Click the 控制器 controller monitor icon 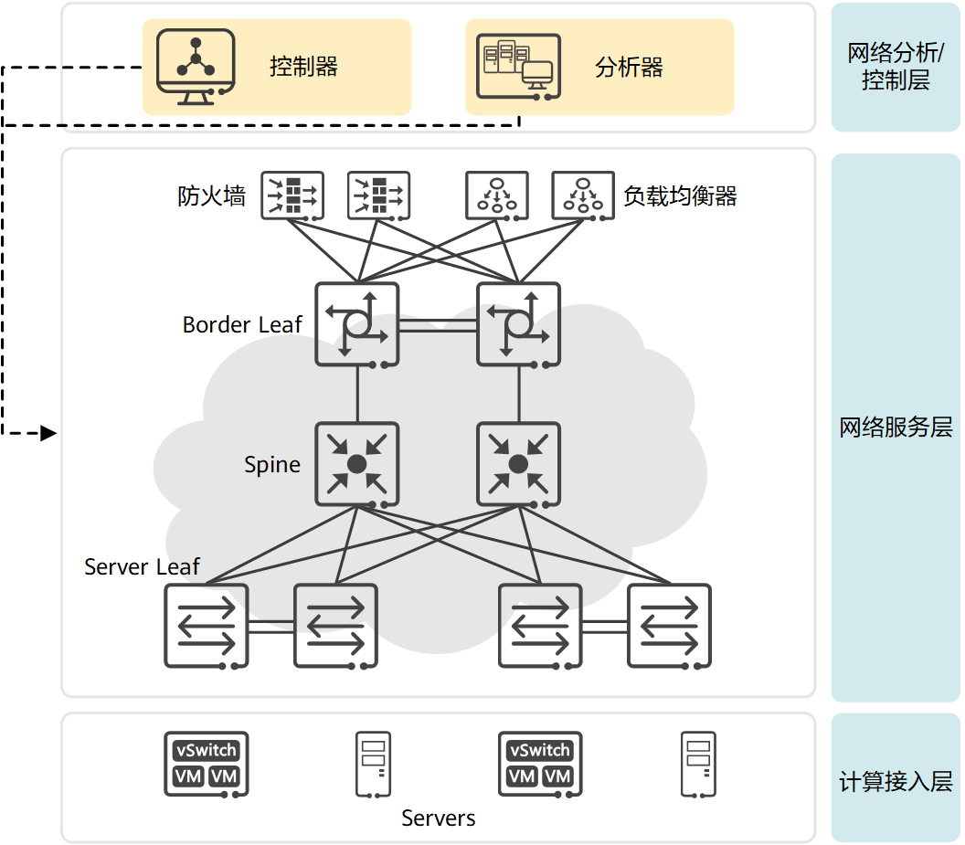(196, 64)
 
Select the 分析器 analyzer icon (518, 66)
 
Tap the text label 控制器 (303, 67)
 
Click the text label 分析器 (629, 67)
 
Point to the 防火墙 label (211, 196)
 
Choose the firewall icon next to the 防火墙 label (292, 195)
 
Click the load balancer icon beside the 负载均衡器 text (583, 195)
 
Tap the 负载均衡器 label (680, 196)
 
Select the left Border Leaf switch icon (356, 324)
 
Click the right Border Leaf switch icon (518, 324)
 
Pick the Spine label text (272, 465)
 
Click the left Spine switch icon (356, 463)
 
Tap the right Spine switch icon (518, 463)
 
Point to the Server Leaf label (142, 567)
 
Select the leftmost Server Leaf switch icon (207, 625)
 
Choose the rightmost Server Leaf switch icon (669, 625)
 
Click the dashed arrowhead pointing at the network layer (49, 433)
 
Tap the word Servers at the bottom (439, 819)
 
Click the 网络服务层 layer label (896, 428)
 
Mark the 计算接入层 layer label (896, 782)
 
